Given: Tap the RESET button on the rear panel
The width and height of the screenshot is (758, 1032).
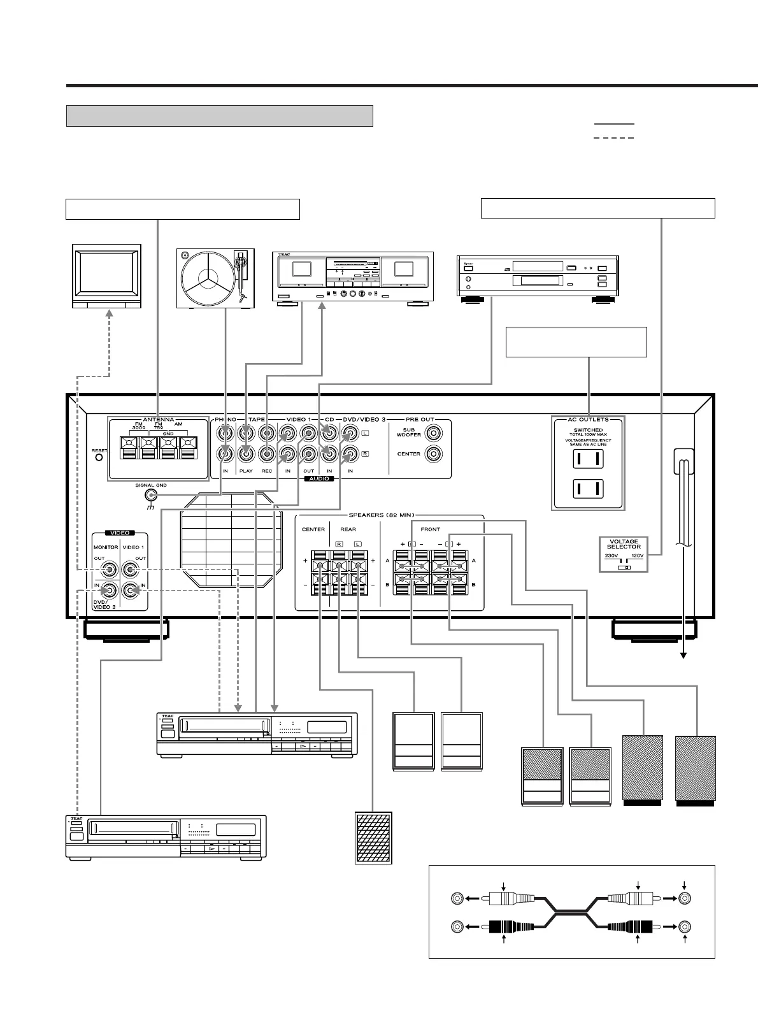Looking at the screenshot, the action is (99, 458).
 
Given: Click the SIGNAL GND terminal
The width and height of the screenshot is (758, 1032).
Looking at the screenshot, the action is (151, 495).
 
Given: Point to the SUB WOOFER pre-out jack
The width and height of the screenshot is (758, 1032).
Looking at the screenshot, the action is (434, 434).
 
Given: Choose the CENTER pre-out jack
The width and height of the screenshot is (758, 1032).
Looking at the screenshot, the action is (434, 454).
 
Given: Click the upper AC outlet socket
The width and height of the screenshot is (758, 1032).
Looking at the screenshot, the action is (587, 459).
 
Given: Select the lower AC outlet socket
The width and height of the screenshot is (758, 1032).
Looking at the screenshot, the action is (587, 489).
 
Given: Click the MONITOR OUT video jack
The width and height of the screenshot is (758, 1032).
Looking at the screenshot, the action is (111, 569).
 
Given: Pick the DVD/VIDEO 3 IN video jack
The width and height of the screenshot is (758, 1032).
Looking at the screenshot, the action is (111, 591).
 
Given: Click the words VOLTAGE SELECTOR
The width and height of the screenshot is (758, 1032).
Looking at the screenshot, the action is (624, 544).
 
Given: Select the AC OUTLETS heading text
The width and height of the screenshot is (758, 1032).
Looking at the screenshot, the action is (588, 420).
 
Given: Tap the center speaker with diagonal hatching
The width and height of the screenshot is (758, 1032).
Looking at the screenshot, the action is (373, 837).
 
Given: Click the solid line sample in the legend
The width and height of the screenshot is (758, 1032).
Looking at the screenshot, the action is (613, 124).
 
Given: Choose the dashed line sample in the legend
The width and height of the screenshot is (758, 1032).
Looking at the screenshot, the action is (613, 138).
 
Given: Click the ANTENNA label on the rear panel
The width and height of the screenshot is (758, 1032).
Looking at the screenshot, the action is (158, 420).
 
